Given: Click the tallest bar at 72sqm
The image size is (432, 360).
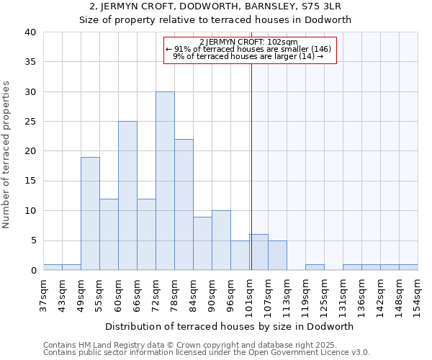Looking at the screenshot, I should [x=165, y=181].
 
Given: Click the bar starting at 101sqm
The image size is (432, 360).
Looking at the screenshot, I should [x=259, y=253].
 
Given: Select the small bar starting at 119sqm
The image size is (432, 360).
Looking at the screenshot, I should [x=315, y=267].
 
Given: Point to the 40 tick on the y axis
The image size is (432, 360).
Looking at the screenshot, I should [x=30, y=32].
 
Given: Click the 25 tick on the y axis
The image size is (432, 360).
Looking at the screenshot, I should [x=30, y=122].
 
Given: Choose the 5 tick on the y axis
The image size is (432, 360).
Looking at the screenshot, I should [x=32, y=240].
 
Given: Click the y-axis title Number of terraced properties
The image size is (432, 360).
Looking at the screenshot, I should [x=7, y=155].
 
